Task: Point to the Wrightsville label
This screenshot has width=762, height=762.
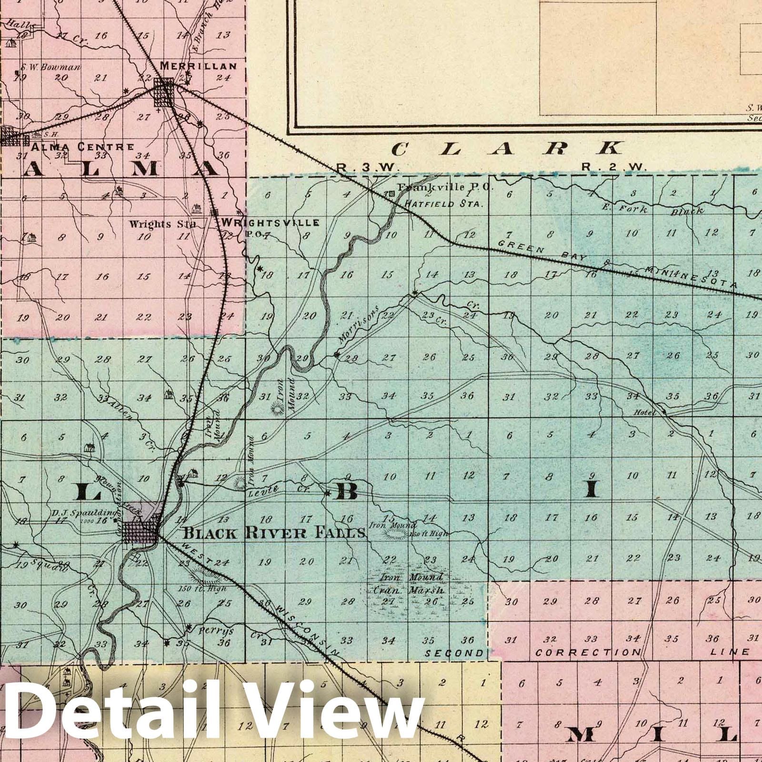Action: click(x=270, y=222)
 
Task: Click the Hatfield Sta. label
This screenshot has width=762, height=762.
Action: click(x=444, y=203)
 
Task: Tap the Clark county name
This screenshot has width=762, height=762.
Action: click(x=507, y=149)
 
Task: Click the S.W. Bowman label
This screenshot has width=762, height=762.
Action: click(x=52, y=67)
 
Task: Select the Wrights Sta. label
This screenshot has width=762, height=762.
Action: click(x=162, y=223)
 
